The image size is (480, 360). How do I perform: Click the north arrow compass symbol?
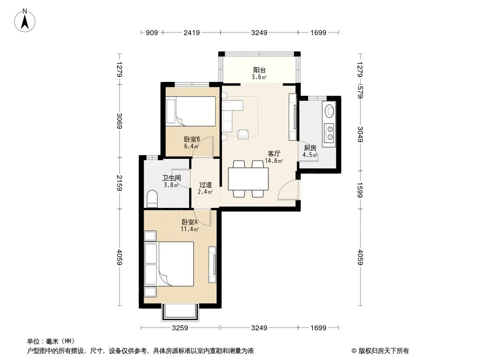click(x=25, y=21)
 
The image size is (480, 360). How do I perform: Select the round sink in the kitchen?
click(x=330, y=111)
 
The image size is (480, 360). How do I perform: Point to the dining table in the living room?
click(x=248, y=179)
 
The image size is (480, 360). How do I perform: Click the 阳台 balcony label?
click(x=259, y=70)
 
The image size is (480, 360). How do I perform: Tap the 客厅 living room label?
click(x=274, y=153)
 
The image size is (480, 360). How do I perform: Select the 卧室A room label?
click(x=190, y=222)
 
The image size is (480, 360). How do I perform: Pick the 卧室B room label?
click(x=192, y=139)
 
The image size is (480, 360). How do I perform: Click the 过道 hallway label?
click(x=205, y=185)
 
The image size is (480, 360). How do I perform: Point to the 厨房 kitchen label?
click(x=310, y=148)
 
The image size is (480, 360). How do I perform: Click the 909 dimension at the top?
click(x=152, y=32)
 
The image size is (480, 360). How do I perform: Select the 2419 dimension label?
click(x=192, y=32)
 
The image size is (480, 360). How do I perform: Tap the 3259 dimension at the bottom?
click(x=180, y=328)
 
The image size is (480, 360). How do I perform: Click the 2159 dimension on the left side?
click(x=119, y=183)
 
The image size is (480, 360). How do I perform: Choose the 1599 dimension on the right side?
click(x=360, y=190)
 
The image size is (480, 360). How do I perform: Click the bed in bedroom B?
click(x=191, y=111)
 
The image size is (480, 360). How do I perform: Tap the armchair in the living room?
click(x=243, y=134)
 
